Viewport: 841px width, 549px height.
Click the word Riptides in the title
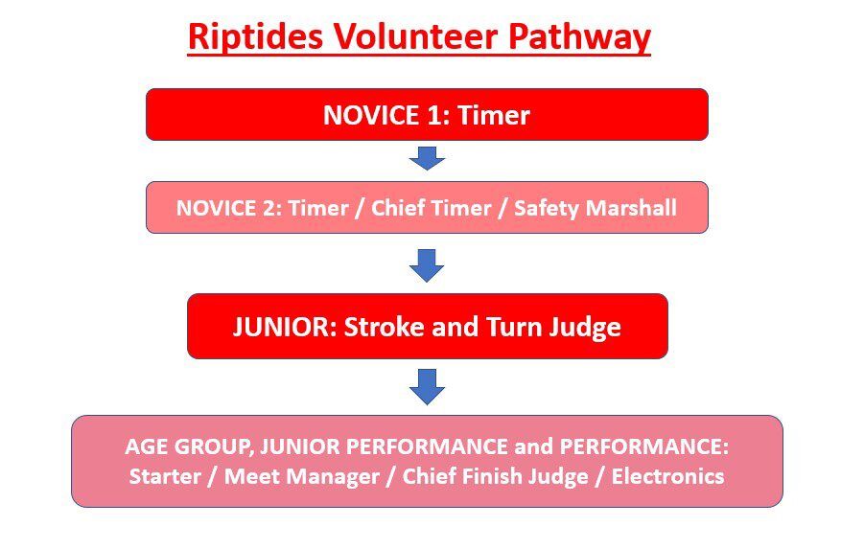click(x=255, y=37)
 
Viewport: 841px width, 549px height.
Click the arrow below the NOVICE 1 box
click(x=427, y=158)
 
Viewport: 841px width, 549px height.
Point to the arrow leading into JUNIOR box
click(x=427, y=265)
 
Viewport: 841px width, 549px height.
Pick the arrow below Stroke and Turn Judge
click(x=427, y=386)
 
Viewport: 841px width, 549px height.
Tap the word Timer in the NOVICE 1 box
click(x=494, y=115)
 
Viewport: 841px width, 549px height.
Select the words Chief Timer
click(x=432, y=208)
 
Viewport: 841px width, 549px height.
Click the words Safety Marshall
click(x=596, y=209)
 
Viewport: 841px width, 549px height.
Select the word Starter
click(x=165, y=476)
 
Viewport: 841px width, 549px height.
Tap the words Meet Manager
click(x=302, y=476)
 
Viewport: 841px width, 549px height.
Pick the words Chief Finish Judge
click(x=495, y=476)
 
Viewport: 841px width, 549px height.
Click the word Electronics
click(x=667, y=476)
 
